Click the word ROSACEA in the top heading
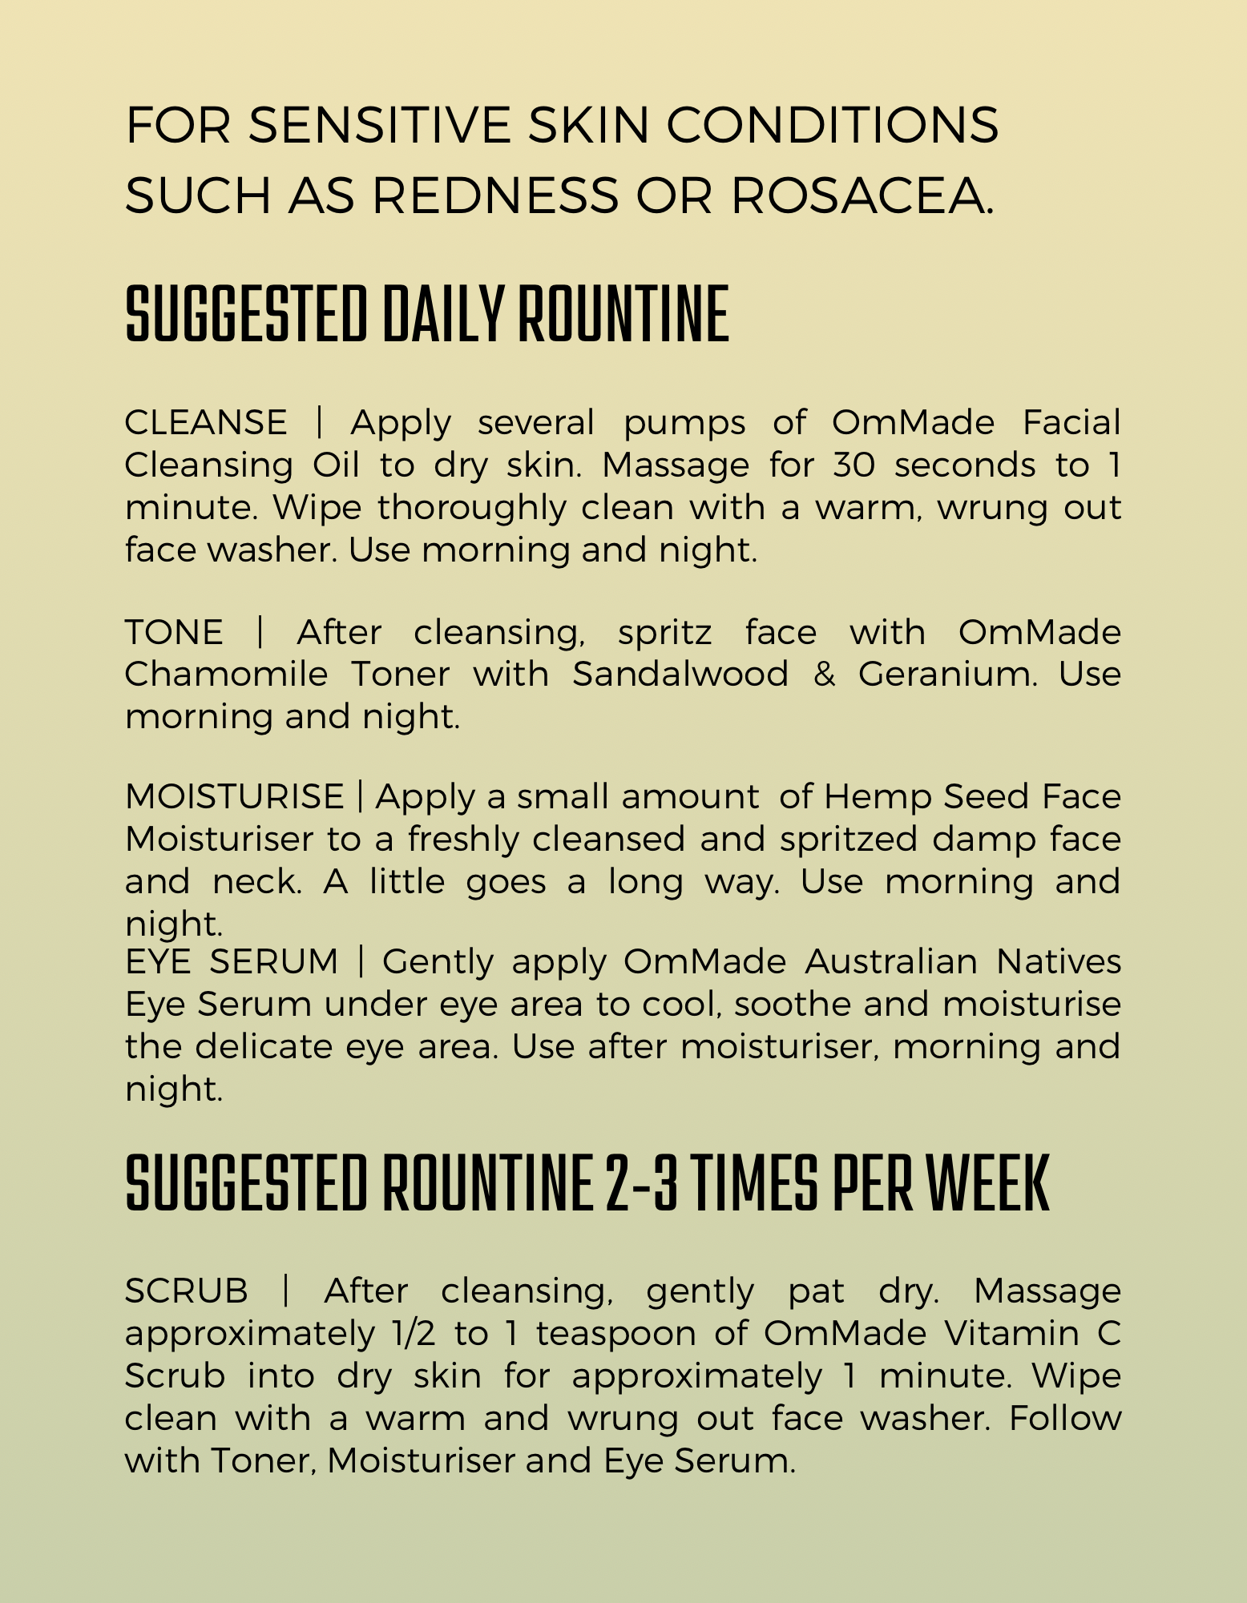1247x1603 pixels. (x=862, y=195)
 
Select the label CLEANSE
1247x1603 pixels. (x=206, y=422)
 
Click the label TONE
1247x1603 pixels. (x=174, y=632)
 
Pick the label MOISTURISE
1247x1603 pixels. (x=234, y=796)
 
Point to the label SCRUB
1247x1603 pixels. (x=187, y=1291)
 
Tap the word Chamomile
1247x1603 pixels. (x=226, y=674)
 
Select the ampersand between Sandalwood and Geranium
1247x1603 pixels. (x=824, y=674)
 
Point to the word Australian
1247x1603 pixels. (x=891, y=961)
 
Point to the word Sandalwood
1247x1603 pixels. (x=680, y=674)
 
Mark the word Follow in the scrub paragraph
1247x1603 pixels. (x=1064, y=1418)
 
